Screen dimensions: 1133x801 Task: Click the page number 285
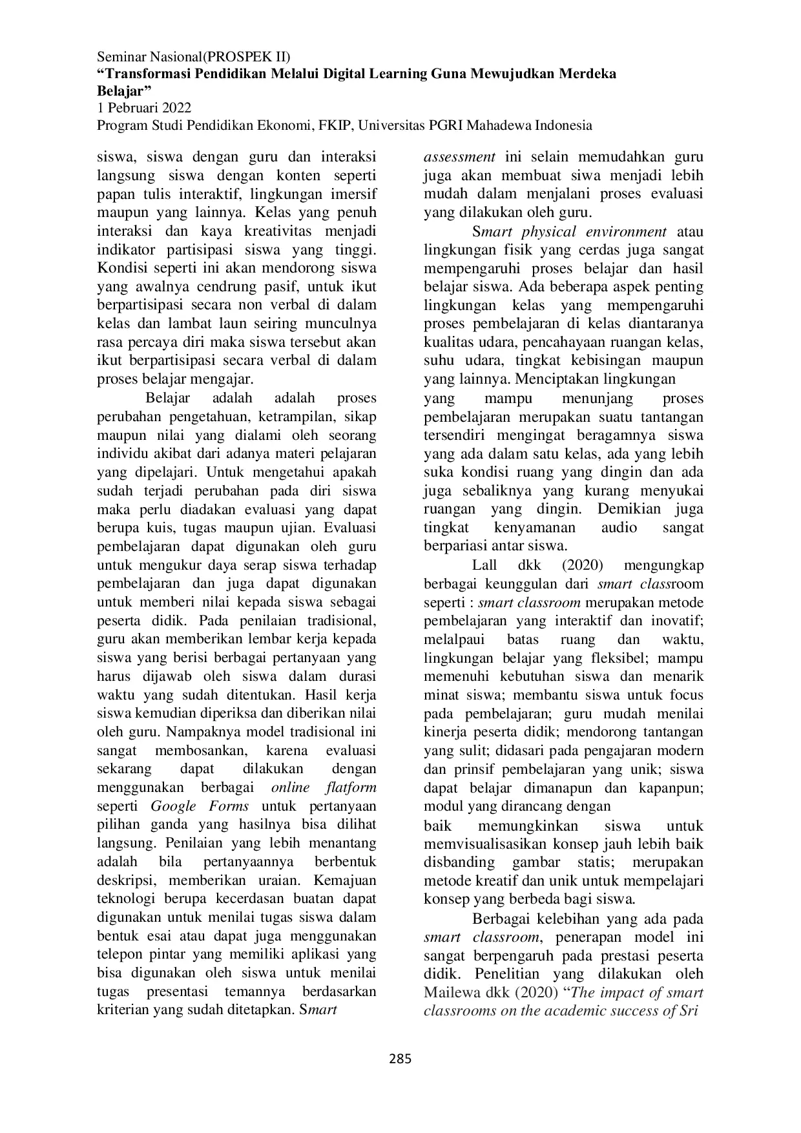coord(400,1058)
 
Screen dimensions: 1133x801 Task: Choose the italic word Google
coord(173,806)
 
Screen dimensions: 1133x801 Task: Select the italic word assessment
coord(459,157)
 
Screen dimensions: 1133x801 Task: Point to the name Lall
coord(484,565)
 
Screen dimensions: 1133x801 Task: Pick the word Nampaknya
coord(198,732)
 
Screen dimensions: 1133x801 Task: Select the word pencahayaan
coord(571,342)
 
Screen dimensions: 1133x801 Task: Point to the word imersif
coord(354,194)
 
